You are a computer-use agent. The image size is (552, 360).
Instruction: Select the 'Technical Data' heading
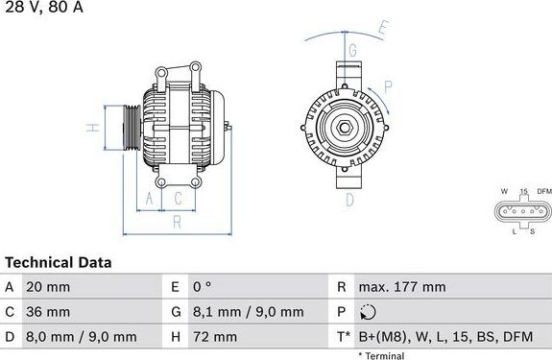click(58, 262)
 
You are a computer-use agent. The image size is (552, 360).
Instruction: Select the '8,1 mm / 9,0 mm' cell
click(248, 312)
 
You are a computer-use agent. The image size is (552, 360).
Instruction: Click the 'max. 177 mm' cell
click(400, 287)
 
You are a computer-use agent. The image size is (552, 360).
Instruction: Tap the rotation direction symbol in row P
click(368, 312)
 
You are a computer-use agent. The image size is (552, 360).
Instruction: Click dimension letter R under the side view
click(178, 223)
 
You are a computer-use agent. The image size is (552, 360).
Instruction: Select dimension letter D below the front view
click(350, 199)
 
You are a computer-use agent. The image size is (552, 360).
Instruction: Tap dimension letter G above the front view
click(352, 50)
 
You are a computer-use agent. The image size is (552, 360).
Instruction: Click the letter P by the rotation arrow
click(388, 85)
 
